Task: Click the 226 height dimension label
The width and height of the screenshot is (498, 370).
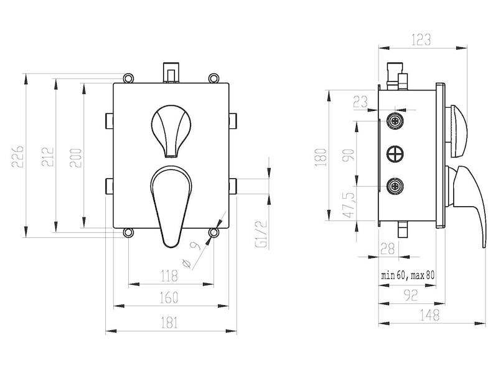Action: (18, 156)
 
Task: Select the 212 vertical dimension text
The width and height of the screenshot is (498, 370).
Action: (48, 156)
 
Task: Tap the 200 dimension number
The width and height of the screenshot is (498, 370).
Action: (76, 158)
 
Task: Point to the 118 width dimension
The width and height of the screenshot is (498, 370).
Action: (169, 275)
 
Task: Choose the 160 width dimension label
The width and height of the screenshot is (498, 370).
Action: (169, 298)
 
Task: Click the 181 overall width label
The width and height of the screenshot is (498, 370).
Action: (169, 323)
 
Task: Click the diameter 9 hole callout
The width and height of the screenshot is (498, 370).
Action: (192, 254)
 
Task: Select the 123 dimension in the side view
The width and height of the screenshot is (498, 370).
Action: (421, 40)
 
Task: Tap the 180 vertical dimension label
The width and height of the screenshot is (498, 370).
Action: (321, 158)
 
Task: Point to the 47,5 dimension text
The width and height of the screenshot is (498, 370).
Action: (349, 205)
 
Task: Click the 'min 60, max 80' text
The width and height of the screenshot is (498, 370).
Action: (408, 275)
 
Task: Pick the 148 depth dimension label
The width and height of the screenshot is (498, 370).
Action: (430, 315)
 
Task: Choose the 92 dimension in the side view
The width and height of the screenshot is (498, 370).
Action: (411, 296)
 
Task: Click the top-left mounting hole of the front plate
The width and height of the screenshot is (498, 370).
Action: (128, 78)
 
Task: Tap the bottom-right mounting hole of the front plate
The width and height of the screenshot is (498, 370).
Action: (214, 233)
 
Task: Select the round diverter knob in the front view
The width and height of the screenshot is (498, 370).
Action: (171, 131)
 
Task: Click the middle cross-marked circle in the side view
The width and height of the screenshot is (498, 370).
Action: (395, 154)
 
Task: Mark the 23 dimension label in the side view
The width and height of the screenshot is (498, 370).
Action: (360, 102)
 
